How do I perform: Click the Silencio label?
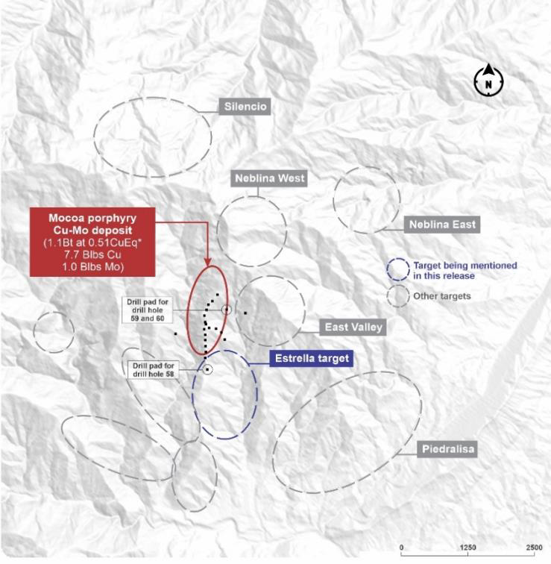[245, 107]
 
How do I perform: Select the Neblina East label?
[441, 224]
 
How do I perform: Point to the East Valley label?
[354, 328]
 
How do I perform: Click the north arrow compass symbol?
[488, 81]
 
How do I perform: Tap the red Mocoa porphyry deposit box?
[92, 242]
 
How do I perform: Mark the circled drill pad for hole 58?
[209, 369]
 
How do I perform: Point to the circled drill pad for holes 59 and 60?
[226, 309]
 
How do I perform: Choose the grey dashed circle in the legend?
[397, 295]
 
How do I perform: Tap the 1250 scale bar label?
[468, 548]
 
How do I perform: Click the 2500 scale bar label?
[534, 548]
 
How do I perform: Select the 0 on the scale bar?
[402, 548]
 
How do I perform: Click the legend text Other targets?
[442, 296]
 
